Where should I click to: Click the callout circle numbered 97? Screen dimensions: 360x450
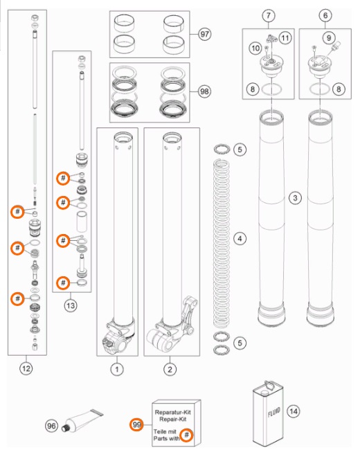(x=204, y=34)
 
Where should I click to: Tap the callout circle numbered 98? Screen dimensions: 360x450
(x=204, y=91)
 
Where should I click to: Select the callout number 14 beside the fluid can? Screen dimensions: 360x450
(x=293, y=411)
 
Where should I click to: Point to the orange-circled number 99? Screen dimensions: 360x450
(x=136, y=424)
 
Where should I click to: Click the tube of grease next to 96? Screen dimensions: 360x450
(x=82, y=420)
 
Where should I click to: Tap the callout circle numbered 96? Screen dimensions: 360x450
(x=51, y=426)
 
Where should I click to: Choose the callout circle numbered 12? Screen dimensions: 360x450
(x=26, y=368)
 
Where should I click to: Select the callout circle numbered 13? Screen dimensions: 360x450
(x=71, y=305)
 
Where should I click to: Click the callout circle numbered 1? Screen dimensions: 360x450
(x=117, y=369)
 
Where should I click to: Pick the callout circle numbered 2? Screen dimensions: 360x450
(x=170, y=369)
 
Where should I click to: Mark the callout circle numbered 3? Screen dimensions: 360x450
(x=295, y=198)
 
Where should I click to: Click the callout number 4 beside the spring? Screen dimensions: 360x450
(x=240, y=238)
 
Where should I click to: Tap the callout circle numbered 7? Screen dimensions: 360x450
(x=269, y=15)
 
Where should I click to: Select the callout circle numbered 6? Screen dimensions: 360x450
(x=325, y=15)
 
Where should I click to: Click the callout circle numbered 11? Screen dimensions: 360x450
(x=285, y=38)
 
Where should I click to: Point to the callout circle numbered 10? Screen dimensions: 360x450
(x=255, y=48)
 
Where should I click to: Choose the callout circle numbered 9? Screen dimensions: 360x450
(x=329, y=37)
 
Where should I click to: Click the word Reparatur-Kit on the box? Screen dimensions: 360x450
(x=173, y=412)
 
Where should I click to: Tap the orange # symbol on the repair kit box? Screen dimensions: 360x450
(x=187, y=435)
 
